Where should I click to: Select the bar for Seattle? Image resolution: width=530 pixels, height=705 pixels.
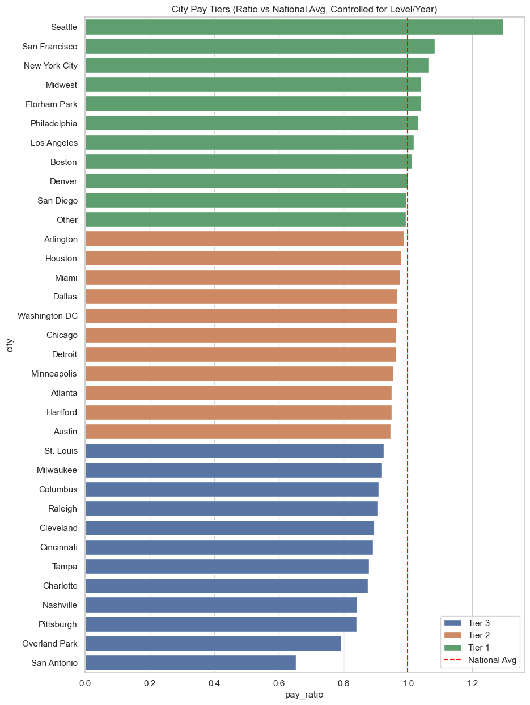click(x=294, y=27)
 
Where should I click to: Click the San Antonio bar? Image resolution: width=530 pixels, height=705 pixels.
click(x=190, y=662)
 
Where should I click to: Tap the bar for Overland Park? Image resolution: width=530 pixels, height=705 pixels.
click(x=213, y=643)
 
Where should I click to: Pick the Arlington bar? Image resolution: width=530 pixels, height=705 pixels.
click(x=244, y=239)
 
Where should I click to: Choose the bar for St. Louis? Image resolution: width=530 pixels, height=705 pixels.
click(x=234, y=451)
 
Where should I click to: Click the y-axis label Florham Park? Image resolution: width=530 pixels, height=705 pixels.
click(x=52, y=104)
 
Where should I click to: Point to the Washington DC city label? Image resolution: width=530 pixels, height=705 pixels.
click(x=48, y=316)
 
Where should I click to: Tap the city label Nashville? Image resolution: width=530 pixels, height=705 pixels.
click(x=60, y=605)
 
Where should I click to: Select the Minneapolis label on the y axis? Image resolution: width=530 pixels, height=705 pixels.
click(x=54, y=374)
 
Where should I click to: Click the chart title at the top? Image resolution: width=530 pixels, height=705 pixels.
click(x=304, y=9)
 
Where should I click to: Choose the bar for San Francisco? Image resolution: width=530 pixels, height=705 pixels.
click(x=260, y=46)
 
